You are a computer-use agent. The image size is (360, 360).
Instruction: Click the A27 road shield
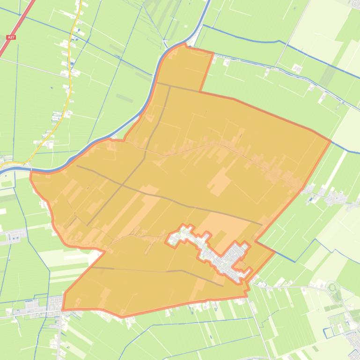(x=11, y=37)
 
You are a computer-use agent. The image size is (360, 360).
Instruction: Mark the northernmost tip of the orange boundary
(x=186, y=45)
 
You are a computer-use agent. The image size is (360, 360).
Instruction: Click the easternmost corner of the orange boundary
(x=331, y=140)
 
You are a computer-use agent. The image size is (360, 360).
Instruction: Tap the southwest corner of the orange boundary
(x=62, y=309)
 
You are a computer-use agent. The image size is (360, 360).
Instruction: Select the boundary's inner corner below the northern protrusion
(x=200, y=91)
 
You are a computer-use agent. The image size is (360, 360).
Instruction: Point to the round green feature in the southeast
(x=333, y=287)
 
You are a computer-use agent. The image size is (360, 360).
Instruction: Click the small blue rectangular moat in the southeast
(x=329, y=332)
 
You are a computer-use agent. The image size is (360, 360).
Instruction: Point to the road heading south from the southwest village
(x=60, y=337)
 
